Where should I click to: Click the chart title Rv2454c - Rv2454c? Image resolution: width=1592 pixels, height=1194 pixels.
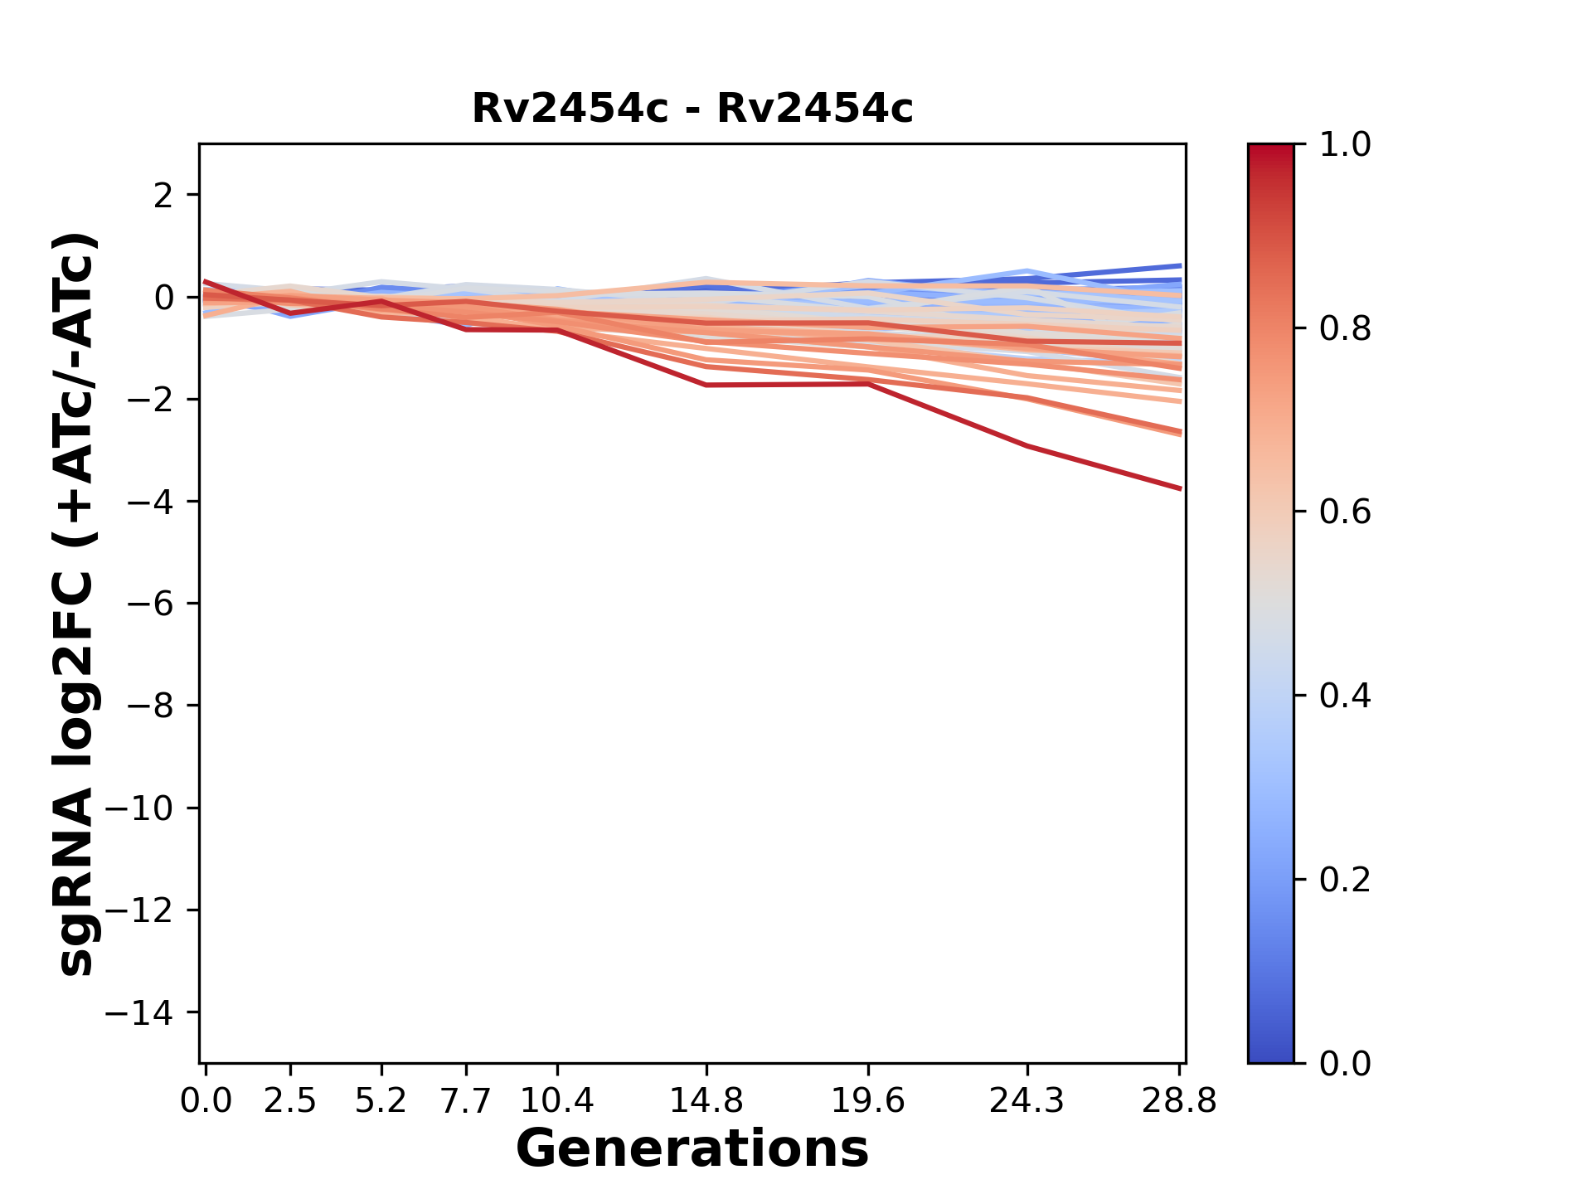(692, 109)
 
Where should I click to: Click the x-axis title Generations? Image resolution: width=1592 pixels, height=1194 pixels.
(692, 1149)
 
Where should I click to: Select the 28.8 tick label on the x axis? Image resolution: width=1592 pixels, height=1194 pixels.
(1179, 1100)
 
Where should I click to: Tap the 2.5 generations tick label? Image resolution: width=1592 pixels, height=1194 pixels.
(290, 1100)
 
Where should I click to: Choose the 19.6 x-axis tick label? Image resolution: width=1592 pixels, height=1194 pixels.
(868, 1100)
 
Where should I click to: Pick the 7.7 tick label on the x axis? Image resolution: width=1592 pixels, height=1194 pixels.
(466, 1100)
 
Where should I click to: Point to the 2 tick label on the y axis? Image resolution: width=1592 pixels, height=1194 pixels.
(163, 195)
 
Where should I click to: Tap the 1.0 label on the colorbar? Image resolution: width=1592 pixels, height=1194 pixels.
(1345, 145)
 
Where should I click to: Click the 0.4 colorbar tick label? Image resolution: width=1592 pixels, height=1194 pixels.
(1345, 696)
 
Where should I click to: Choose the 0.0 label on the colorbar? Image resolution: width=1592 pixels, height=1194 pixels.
(1345, 1063)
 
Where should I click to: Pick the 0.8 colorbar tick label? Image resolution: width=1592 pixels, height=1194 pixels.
(1345, 329)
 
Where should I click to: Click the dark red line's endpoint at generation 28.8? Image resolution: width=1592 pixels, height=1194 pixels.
(1180, 488)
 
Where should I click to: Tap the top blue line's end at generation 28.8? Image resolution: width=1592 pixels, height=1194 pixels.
(1180, 266)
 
